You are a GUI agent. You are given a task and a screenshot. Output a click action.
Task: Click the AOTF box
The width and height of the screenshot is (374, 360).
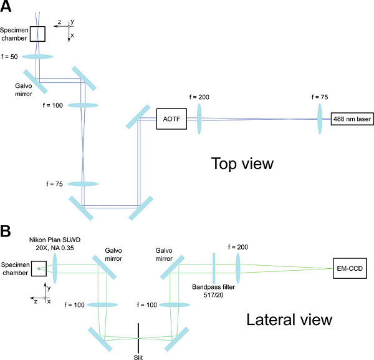[171, 119]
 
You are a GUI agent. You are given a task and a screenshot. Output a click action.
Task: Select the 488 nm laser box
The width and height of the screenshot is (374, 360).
[352, 119]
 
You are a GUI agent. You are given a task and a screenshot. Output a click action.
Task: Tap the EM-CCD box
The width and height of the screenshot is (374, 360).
[350, 268]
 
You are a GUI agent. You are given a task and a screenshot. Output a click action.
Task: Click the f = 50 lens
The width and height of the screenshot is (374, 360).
[37, 57]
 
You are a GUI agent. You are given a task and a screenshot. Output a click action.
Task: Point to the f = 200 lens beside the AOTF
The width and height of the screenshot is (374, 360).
[199, 119]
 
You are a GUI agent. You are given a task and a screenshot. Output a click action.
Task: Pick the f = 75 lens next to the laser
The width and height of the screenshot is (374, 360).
[320, 119]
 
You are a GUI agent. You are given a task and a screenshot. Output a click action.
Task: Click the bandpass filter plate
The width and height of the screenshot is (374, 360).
[214, 268]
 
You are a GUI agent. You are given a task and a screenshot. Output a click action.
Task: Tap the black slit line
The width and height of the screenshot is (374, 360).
[138, 339]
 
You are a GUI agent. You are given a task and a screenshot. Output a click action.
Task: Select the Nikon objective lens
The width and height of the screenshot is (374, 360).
[55, 268]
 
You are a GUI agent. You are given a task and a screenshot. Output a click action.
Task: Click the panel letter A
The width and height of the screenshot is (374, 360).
[6, 6]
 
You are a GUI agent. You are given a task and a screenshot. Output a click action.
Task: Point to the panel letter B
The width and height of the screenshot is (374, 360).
[5, 231]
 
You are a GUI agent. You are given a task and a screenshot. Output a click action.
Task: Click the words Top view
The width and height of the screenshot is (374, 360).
[242, 163]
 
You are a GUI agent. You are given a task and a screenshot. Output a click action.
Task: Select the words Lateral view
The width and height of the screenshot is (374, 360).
[289, 319]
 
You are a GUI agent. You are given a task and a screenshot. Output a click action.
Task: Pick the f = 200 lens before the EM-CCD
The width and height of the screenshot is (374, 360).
[238, 268]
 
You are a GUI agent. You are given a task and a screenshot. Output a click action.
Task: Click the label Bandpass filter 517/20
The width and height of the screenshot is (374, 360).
[213, 291]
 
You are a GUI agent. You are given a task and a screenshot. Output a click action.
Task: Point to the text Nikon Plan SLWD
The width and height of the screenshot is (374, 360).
[55, 240]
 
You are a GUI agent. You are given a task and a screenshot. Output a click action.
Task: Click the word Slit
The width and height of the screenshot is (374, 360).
[138, 357]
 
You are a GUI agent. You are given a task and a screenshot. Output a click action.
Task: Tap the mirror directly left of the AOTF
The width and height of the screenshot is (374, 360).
[138, 117]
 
